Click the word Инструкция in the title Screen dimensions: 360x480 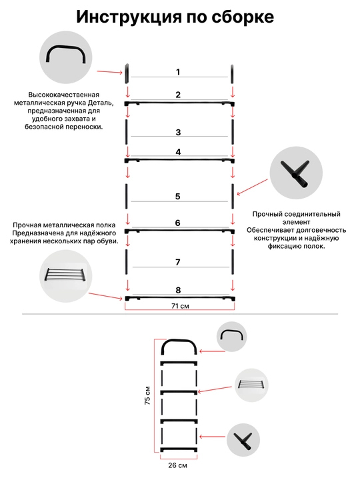tap(129, 17)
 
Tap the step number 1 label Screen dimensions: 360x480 tap(178, 72)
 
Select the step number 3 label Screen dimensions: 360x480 tap(178, 132)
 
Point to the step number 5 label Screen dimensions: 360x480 tap(178, 196)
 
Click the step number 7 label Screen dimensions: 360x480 tap(178, 262)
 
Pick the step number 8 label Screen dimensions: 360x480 tap(178, 290)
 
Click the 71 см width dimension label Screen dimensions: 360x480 tap(180, 306)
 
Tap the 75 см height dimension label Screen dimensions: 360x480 tap(147, 395)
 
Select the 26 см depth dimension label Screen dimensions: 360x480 tap(177, 465)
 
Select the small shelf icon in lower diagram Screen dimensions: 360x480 tap(251, 385)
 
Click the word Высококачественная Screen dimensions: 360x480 tap(64, 95)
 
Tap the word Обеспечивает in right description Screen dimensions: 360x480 tap(268, 230)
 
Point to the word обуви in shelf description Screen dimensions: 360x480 tap(109, 241)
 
